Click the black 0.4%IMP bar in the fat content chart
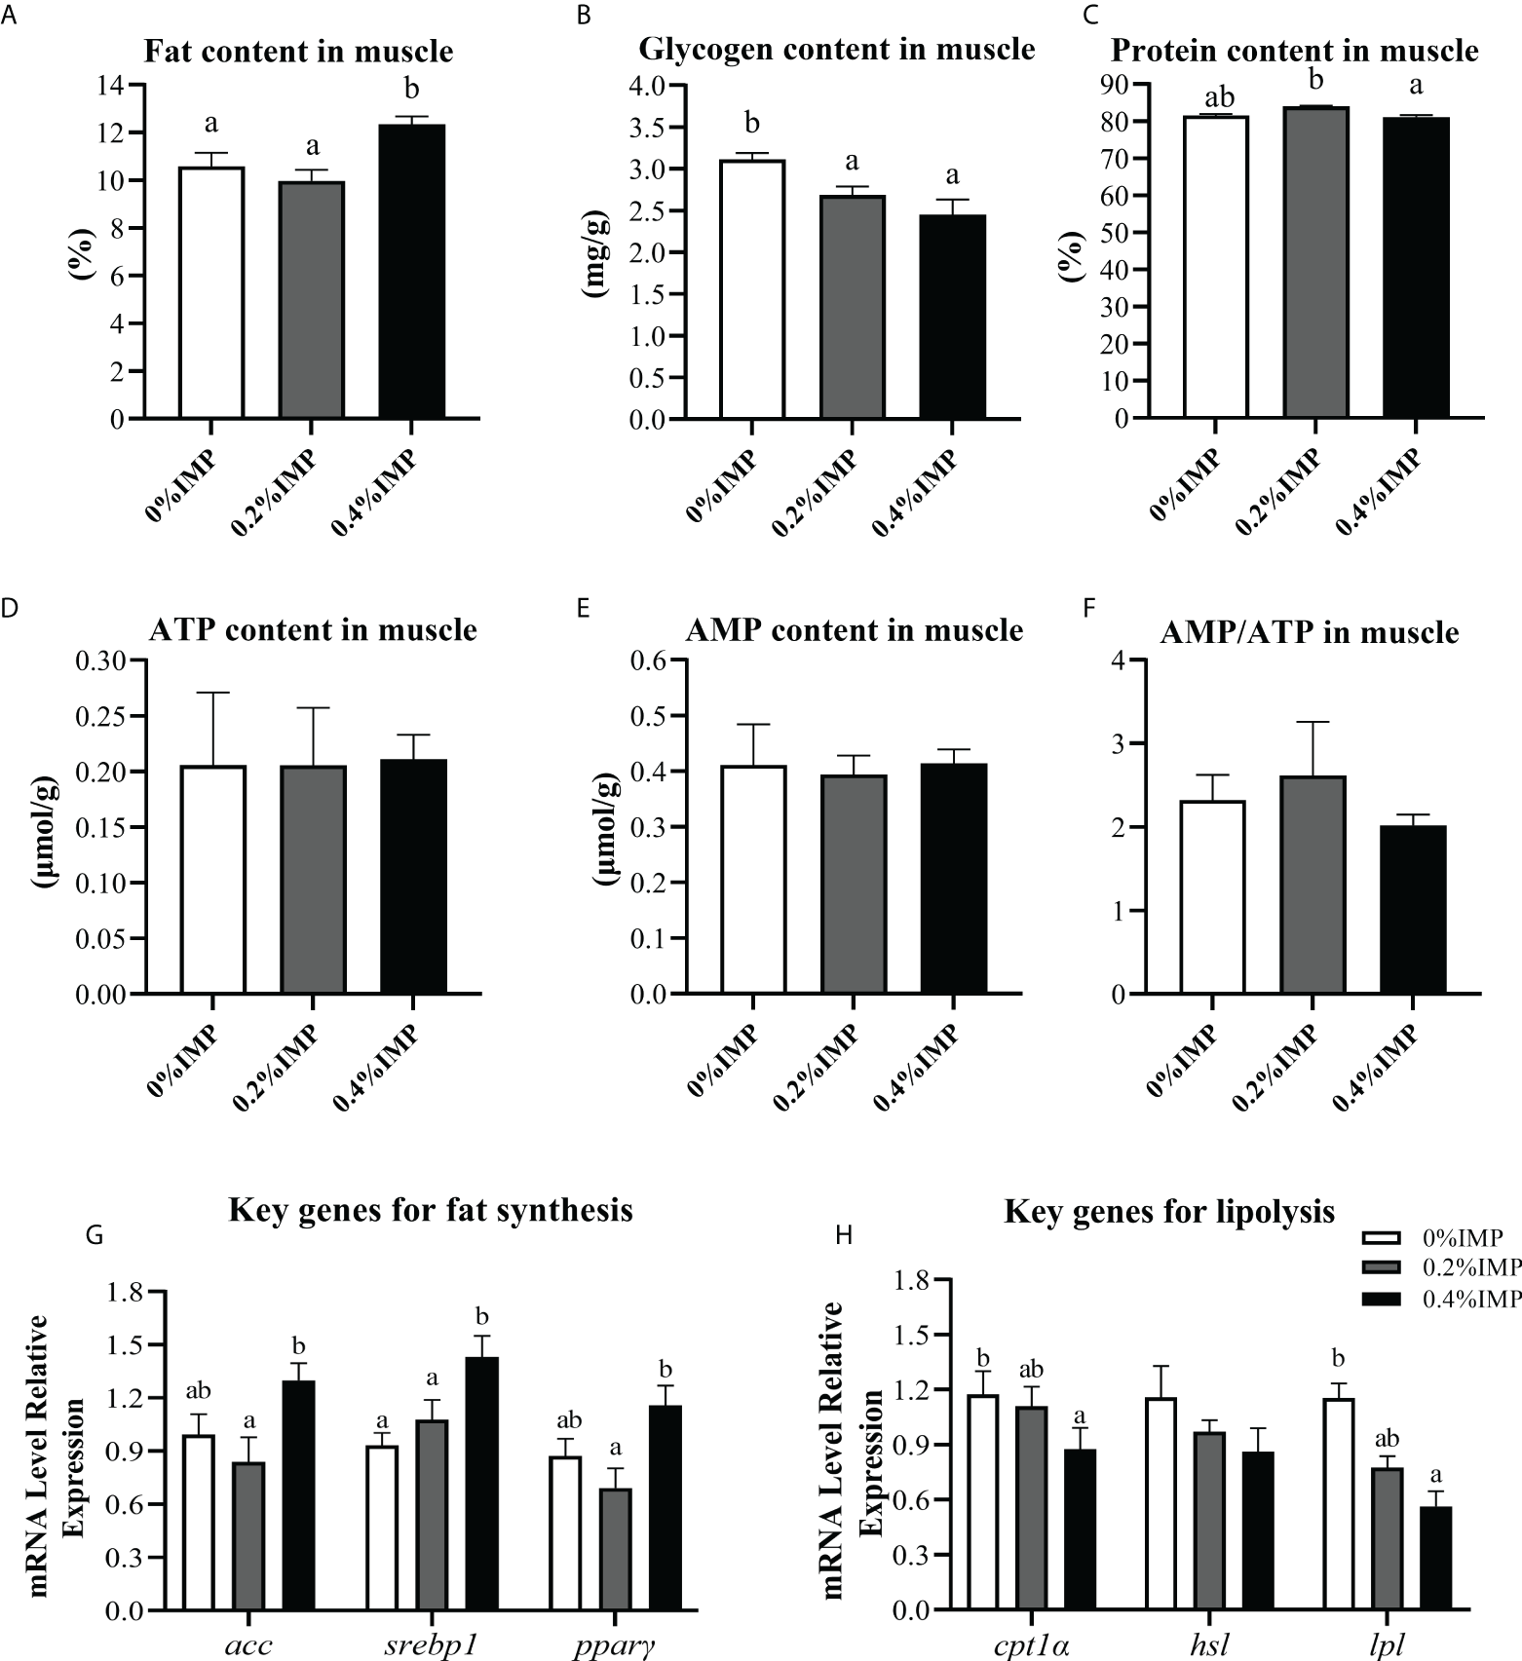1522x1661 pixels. pos(411,272)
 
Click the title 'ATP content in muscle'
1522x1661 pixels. pos(313,630)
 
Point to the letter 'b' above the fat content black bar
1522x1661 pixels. pos(411,91)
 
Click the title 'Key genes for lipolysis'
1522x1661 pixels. pos(1168,1212)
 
